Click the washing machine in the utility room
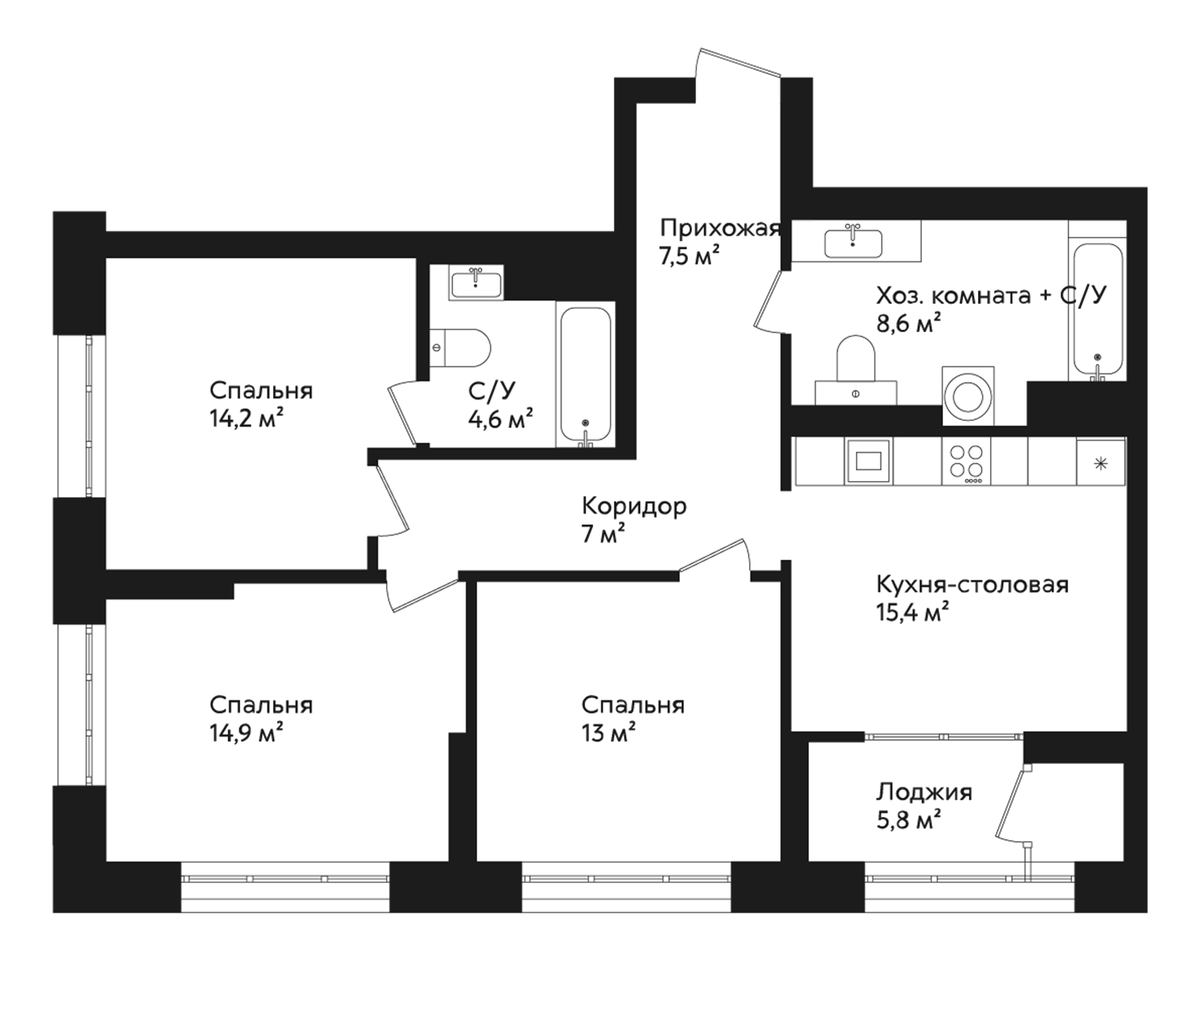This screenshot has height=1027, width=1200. click(x=968, y=395)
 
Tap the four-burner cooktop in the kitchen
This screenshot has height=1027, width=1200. click(x=965, y=461)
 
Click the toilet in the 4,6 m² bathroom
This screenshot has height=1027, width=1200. click(x=461, y=348)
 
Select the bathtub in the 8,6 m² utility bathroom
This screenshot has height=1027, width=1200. click(x=1097, y=311)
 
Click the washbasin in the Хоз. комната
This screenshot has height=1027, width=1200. click(x=853, y=242)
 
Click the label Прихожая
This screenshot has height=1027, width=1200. click(x=720, y=228)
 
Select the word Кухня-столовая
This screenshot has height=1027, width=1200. click(x=972, y=585)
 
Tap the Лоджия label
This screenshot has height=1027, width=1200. click(x=924, y=792)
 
